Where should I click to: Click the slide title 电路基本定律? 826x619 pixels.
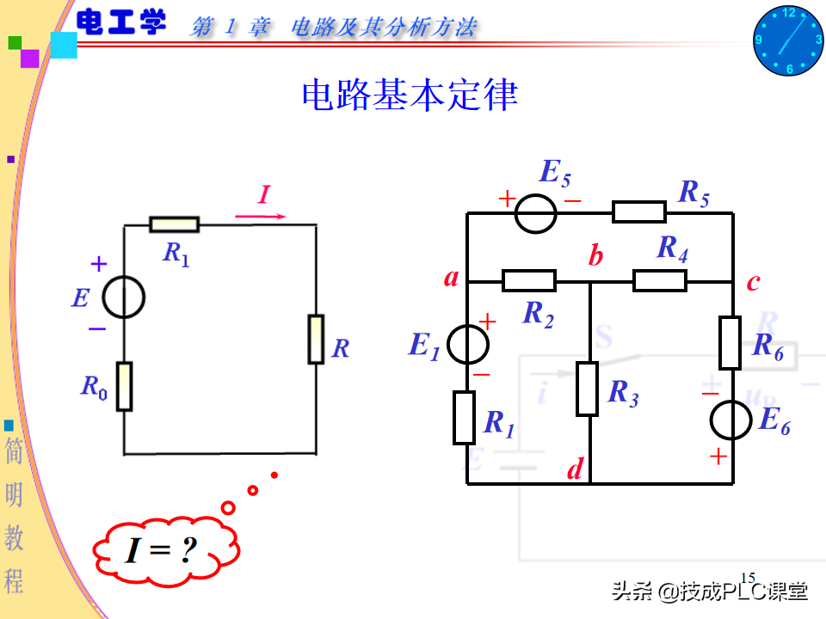click(410, 95)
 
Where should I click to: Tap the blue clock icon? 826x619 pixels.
click(788, 40)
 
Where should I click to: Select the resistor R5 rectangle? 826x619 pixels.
click(639, 211)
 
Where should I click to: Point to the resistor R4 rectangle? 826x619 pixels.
click(660, 280)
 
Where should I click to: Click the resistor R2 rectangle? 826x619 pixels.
click(529, 280)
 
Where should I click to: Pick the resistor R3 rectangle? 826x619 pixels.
click(587, 389)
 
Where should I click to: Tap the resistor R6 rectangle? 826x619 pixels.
click(730, 342)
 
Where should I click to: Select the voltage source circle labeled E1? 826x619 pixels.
click(467, 344)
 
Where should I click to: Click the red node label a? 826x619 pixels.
click(451, 278)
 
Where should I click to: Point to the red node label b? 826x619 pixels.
click(595, 256)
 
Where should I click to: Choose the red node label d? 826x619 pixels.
click(575, 469)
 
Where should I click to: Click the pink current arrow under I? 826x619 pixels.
click(261, 216)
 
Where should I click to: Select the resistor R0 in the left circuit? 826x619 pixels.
click(125, 386)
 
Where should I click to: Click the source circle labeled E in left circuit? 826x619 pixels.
click(124, 298)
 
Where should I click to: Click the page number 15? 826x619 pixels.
click(748, 578)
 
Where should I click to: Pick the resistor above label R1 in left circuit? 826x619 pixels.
click(174, 225)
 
